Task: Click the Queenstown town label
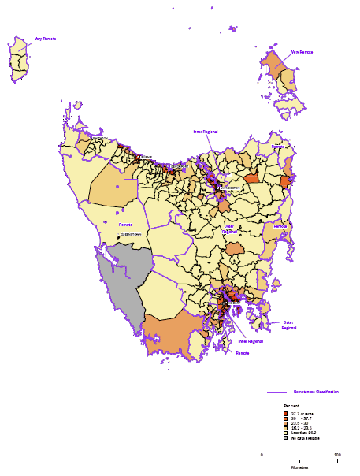tap(132, 233)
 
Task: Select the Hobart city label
tap(233, 302)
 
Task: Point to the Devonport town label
tap(180, 166)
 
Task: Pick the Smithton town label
tap(99, 138)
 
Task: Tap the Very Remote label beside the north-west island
tap(45, 39)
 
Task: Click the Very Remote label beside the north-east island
tap(302, 52)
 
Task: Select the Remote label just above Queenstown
tap(125, 225)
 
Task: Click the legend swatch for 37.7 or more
tap(286, 413)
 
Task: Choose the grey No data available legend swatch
tap(286, 437)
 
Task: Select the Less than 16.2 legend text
tap(305, 433)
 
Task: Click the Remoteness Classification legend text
tap(316, 392)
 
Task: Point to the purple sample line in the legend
tap(276, 392)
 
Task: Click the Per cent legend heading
tap(291, 405)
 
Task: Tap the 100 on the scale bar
tap(337, 455)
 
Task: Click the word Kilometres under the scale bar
tap(299, 467)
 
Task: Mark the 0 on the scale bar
tap(262, 455)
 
